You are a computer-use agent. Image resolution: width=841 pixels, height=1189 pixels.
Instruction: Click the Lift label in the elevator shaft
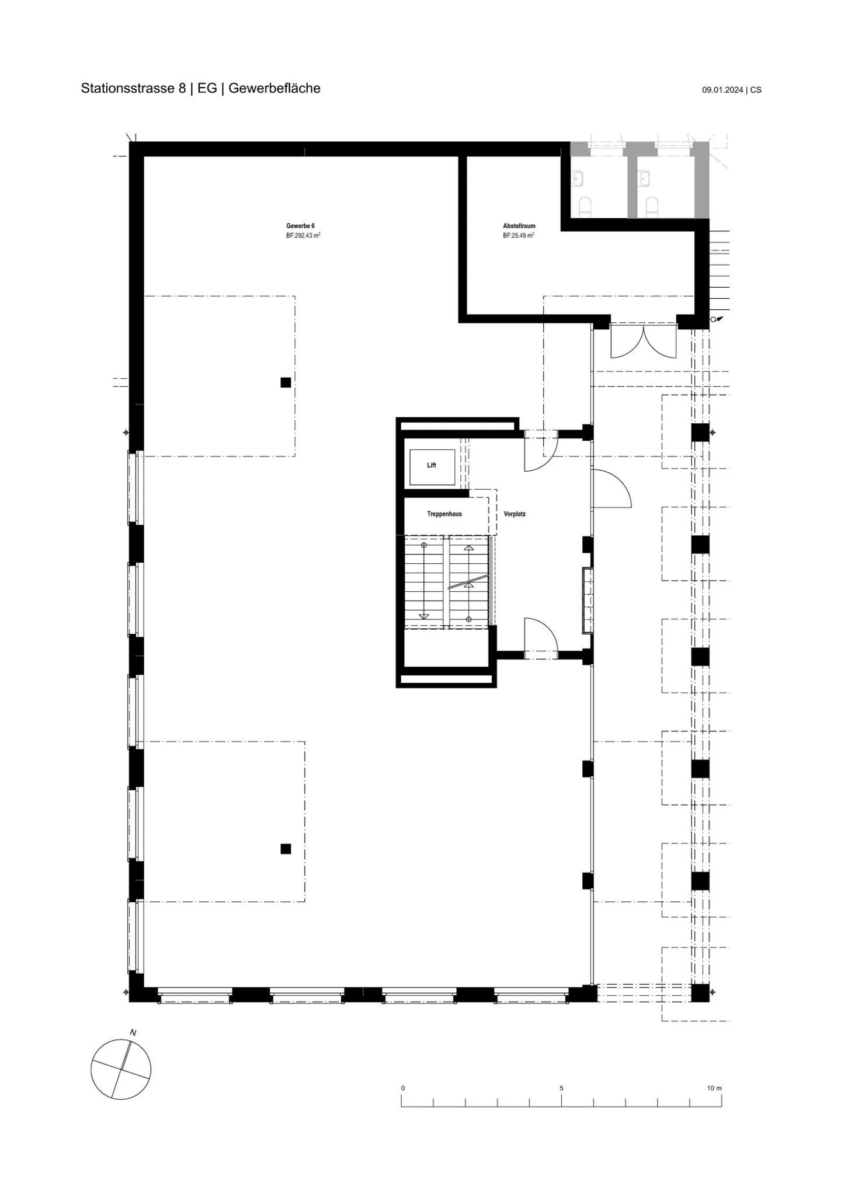coord(432,465)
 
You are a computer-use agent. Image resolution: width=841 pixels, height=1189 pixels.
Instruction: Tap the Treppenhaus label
coord(444,514)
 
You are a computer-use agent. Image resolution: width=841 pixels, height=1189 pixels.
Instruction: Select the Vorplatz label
coord(515,514)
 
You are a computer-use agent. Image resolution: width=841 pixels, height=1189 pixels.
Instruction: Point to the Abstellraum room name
coord(519,226)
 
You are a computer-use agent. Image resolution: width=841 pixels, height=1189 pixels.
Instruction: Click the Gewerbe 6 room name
coord(300,226)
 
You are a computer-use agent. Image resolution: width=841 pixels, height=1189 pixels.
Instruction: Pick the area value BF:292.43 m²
coord(303,236)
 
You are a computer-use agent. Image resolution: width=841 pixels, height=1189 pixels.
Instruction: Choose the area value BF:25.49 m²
coord(519,236)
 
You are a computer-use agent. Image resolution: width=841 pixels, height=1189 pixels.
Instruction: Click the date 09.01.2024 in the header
coord(722,90)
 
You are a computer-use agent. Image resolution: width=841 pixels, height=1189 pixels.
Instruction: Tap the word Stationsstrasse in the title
coord(128,88)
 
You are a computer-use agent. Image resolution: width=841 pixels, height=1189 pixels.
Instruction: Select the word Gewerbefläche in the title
coord(274,88)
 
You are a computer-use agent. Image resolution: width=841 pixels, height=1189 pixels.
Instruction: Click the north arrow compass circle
coord(121,1070)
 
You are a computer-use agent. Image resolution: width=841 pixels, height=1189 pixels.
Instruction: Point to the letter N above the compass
coord(133,1033)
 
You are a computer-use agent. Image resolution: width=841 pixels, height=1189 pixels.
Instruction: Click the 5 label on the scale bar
coord(562,1088)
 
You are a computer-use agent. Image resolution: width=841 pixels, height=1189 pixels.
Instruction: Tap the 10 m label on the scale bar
coord(714,1088)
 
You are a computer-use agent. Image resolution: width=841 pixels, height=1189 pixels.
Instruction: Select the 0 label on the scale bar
coord(403,1088)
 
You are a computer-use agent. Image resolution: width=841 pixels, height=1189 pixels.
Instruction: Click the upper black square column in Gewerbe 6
coord(286,382)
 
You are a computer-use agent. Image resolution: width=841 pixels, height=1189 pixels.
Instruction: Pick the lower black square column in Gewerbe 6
coord(286,849)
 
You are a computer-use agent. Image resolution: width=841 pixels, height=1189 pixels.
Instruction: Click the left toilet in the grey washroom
coord(585,207)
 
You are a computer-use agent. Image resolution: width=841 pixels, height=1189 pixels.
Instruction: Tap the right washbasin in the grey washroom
coord(644,178)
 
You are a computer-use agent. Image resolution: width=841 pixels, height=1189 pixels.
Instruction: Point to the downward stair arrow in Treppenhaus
coord(424,581)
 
